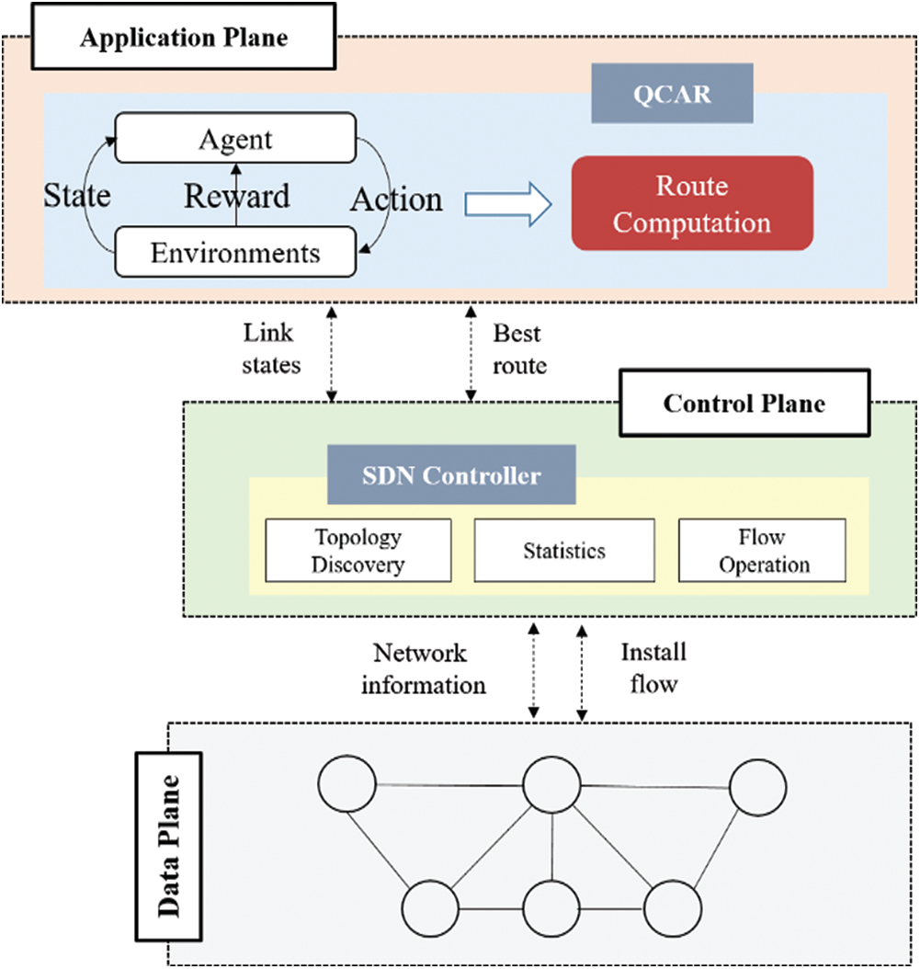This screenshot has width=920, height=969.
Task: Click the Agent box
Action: pos(235,140)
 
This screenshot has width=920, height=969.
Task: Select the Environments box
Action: pos(235,252)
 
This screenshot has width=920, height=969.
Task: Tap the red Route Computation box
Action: pos(692,203)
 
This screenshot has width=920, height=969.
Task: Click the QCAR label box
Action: pos(672,93)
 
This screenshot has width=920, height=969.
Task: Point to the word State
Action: pos(77,195)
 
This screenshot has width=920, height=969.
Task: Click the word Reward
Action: pos(237,195)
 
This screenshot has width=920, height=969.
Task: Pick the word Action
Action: pos(396,199)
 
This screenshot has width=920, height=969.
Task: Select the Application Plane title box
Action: pos(184,39)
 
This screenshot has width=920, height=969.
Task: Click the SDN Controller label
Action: pos(451,475)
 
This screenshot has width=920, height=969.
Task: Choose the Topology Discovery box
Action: pos(358,550)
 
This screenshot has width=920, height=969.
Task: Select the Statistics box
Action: pos(564,551)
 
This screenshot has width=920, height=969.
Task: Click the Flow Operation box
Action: pos(762,550)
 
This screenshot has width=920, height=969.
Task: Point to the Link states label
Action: pos(271,348)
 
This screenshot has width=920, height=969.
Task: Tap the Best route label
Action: pos(520,348)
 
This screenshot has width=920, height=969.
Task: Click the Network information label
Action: pos(423,668)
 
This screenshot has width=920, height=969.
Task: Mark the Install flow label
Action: pos(653,667)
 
